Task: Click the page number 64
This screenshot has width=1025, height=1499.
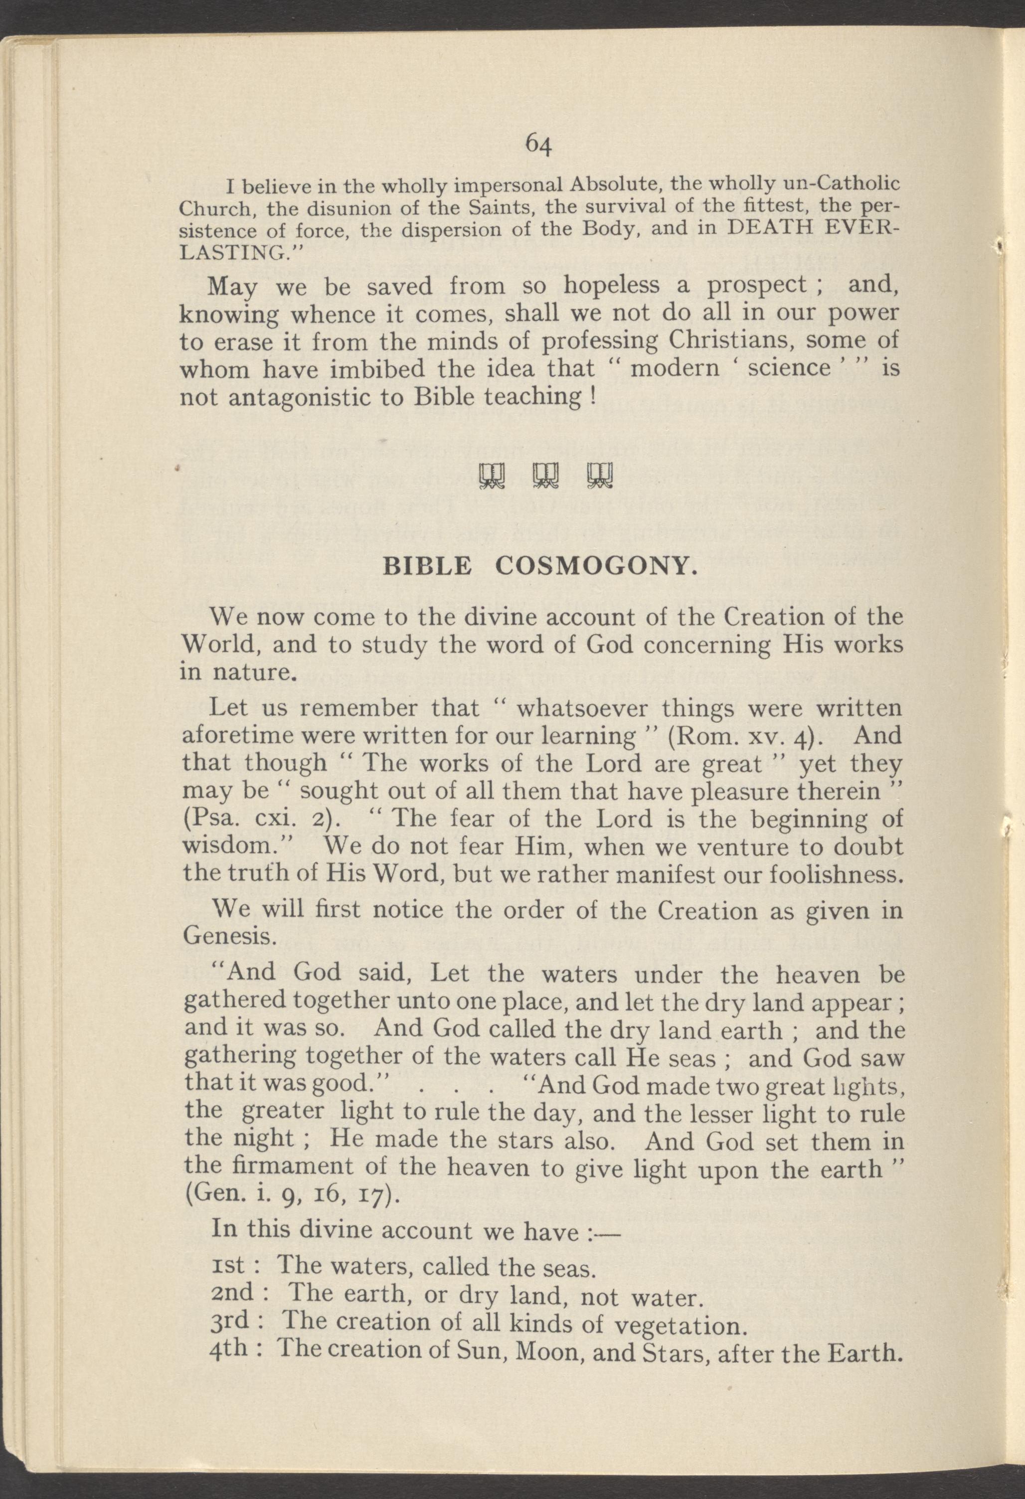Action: tap(538, 145)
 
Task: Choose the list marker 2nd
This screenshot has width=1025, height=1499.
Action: tap(233, 1293)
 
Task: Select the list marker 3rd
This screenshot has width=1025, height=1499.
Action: tap(230, 1322)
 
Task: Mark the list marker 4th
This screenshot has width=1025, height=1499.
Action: tap(230, 1350)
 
